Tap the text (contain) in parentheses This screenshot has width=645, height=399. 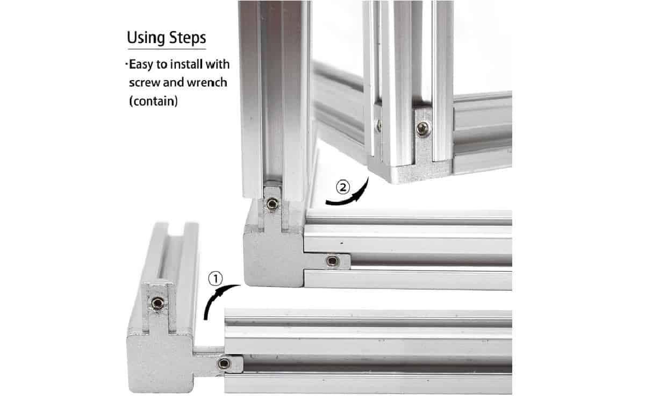tap(153, 101)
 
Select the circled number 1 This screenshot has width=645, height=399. tap(214, 279)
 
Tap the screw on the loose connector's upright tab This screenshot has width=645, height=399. tap(157, 303)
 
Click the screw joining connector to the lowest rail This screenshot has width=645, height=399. tap(223, 364)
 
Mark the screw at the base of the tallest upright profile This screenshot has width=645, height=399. tap(273, 203)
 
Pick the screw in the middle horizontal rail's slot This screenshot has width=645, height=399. tap(332, 261)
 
